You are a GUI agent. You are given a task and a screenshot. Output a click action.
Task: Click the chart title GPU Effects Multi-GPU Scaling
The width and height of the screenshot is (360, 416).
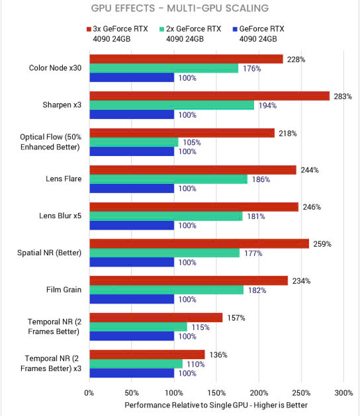180,8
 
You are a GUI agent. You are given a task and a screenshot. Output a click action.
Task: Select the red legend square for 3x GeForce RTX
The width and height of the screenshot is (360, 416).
89,29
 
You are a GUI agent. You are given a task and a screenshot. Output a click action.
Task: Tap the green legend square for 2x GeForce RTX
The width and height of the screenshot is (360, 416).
161,29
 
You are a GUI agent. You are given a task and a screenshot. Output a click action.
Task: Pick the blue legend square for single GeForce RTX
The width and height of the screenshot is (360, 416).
235,29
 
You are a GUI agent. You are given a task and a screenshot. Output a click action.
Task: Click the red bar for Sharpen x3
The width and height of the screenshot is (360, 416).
210,96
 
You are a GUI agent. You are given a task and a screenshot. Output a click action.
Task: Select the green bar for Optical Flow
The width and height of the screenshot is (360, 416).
134,142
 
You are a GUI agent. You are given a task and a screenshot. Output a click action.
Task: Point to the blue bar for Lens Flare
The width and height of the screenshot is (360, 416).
132,188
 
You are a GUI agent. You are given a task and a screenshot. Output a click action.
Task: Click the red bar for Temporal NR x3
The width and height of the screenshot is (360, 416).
147,354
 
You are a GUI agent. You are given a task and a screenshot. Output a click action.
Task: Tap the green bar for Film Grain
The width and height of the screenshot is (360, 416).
167,290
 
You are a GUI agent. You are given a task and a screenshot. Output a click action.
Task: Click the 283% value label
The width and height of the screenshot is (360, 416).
343,97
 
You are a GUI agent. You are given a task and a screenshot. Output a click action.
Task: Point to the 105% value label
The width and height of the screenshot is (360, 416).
192,142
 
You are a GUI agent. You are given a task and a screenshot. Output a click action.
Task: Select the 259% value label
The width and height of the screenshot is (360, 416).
322,244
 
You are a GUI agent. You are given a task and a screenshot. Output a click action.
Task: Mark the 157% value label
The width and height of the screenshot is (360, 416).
236,318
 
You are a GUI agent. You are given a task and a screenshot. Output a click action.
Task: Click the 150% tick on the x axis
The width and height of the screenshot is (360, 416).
216,393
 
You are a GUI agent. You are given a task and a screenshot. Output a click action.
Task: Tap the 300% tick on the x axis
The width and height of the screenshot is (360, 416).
343,393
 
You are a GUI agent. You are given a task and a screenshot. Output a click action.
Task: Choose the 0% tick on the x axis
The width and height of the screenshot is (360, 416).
89,393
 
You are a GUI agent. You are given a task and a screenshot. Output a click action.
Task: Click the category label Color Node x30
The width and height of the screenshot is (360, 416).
55,68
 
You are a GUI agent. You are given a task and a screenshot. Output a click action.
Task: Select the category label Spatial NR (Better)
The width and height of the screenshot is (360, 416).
50,253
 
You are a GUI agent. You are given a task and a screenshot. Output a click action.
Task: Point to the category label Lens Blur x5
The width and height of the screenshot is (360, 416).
60,216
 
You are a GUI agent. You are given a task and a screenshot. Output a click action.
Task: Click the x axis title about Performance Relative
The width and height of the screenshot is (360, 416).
216,405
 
